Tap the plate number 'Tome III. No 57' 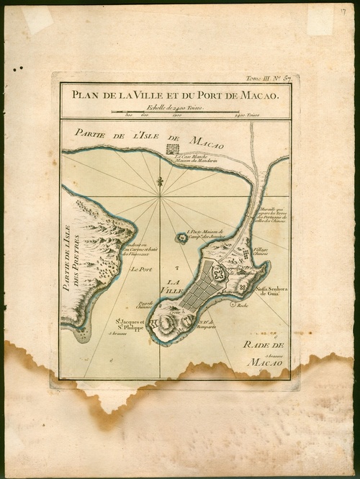coord(267,78)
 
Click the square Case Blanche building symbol coord(171,149)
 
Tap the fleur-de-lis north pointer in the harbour coord(161,185)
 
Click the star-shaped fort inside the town coord(219,274)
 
